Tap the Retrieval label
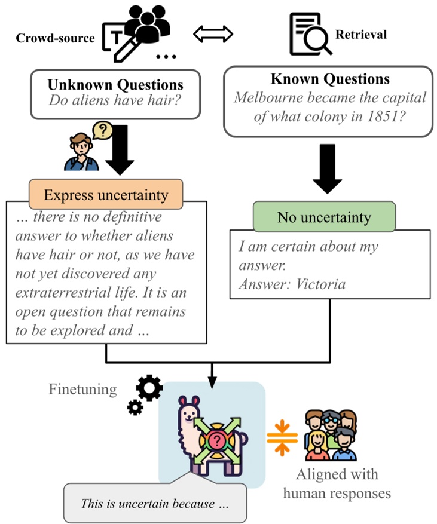pyautogui.click(x=360, y=34)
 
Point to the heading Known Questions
pyautogui.click(x=329, y=79)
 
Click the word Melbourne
pyautogui.click(x=268, y=97)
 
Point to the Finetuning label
pyautogui.click(x=82, y=390)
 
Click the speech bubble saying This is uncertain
pyautogui.click(x=155, y=504)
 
